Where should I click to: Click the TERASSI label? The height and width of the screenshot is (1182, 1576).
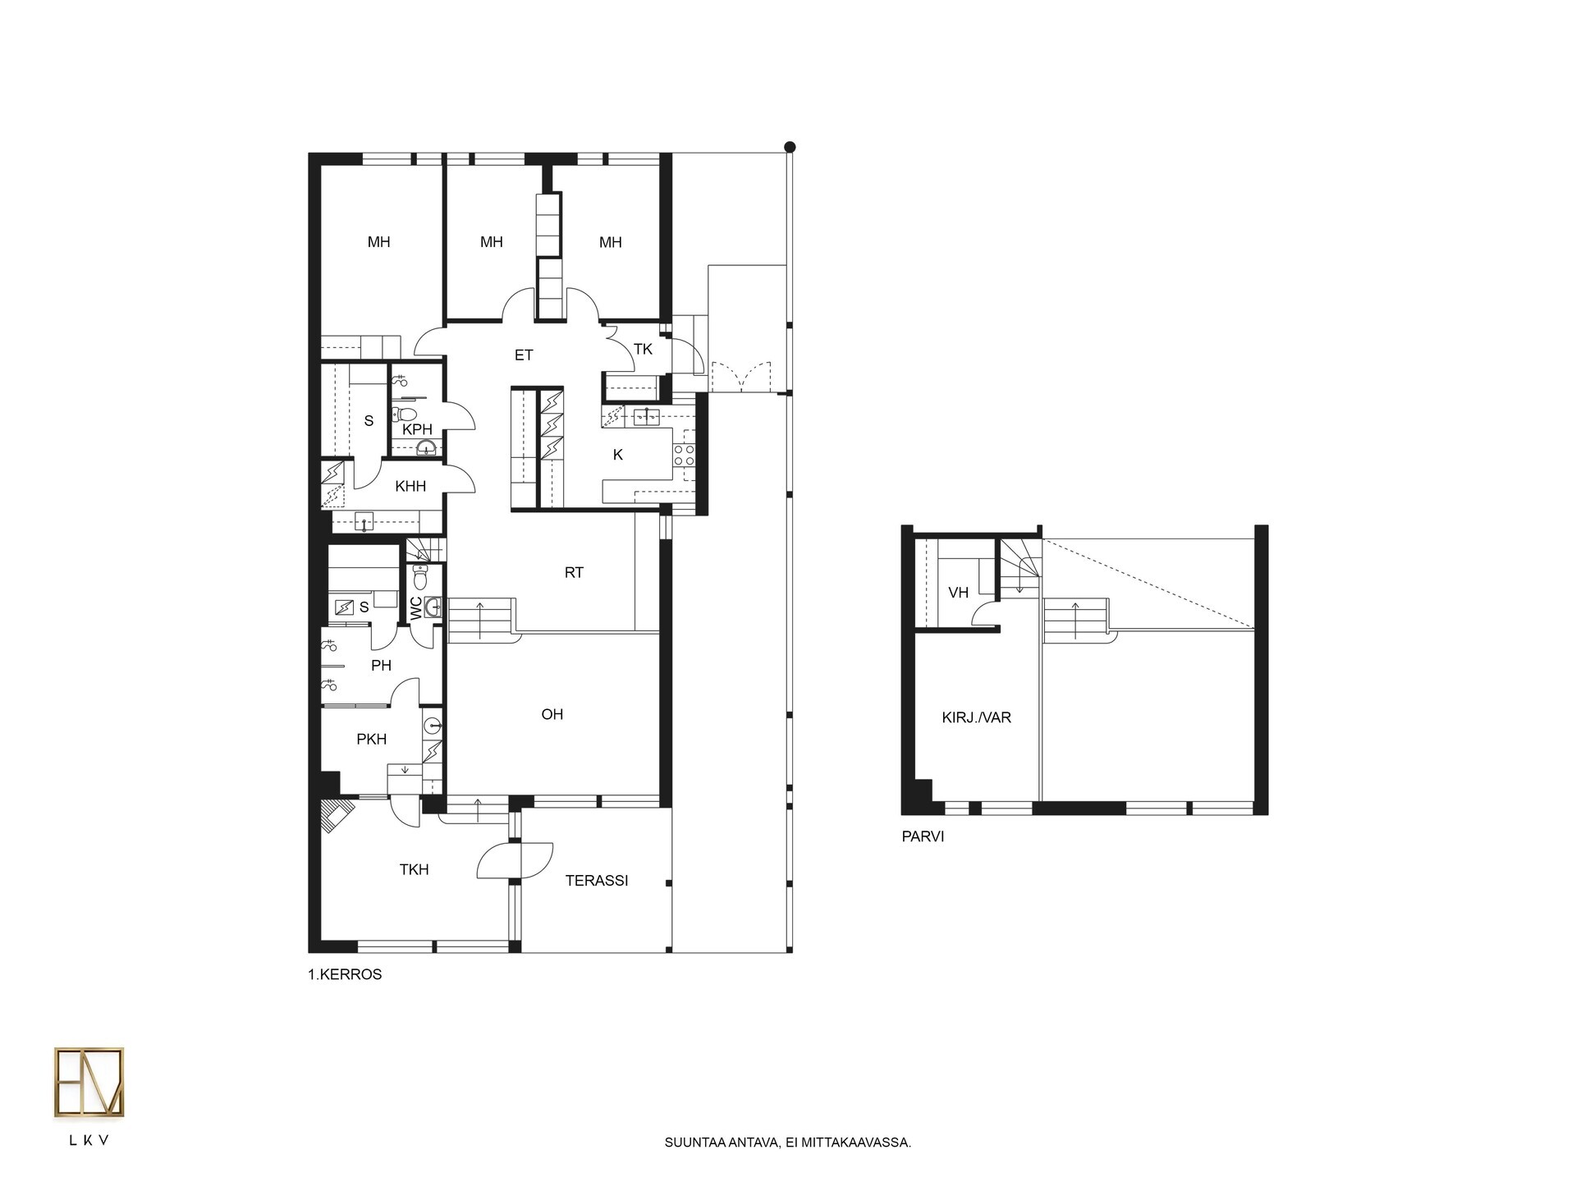point(597,881)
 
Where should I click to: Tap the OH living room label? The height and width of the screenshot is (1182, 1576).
point(552,714)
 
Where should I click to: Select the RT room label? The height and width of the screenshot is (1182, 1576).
point(574,573)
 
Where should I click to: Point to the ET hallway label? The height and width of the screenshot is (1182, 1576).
point(524,355)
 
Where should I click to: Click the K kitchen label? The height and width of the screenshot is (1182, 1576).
point(618,455)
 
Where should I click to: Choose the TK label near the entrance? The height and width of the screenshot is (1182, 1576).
point(643,350)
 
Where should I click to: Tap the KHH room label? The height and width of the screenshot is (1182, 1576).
point(410,487)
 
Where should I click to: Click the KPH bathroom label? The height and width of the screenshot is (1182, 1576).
point(417,429)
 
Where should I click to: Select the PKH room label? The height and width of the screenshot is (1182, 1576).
point(372,740)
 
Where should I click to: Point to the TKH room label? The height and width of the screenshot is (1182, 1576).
point(414,870)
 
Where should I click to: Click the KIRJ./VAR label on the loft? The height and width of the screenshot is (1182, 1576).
point(976,717)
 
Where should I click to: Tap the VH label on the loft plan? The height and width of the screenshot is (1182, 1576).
point(958,593)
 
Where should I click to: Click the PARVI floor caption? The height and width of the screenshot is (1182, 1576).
point(923,837)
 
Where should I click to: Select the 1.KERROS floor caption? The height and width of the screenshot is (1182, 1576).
point(345,975)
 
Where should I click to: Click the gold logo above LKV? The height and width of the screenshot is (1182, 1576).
point(89,1083)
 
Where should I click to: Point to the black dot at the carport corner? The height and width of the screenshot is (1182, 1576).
point(790,147)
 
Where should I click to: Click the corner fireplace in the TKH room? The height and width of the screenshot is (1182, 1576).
point(337,816)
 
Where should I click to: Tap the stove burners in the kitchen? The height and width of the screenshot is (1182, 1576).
point(685,456)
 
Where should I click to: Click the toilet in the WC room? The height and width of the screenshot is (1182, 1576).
point(420,579)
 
